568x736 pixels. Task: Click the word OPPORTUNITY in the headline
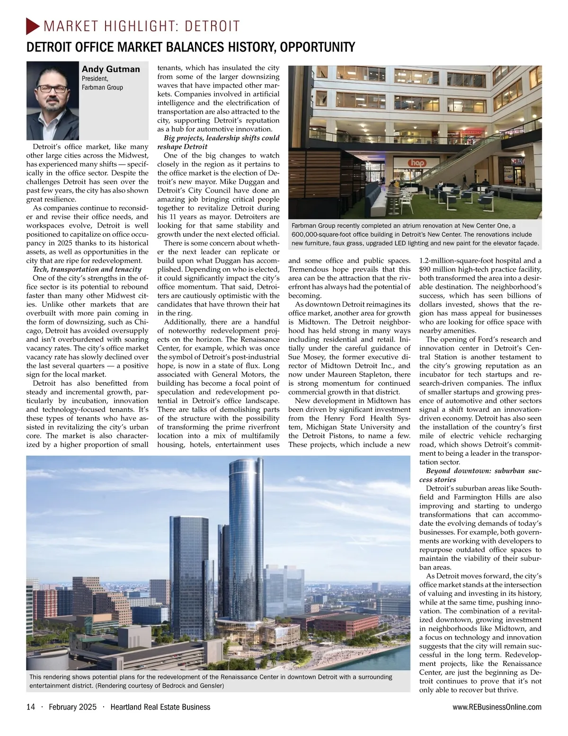315,47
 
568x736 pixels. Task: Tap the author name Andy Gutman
111,69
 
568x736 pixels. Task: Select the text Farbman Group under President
102,88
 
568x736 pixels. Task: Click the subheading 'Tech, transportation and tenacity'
88,269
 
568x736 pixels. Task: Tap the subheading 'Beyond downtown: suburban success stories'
480,475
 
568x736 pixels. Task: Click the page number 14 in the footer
31,707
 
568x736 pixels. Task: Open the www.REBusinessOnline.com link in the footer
497,707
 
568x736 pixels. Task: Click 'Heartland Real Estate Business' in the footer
160,707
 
